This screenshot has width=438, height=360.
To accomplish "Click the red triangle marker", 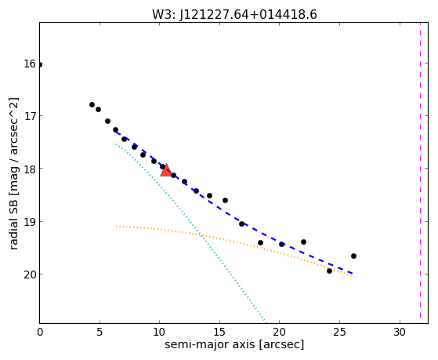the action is (x=166, y=170).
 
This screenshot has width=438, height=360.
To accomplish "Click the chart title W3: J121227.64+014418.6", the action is (x=234, y=14).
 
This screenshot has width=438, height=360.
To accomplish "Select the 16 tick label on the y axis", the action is (x=30, y=64).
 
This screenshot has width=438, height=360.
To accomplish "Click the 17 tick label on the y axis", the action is (x=30, y=116).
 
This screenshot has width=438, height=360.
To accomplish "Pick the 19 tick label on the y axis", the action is (x=30, y=221).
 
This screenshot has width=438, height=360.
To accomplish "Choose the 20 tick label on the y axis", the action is (x=30, y=275).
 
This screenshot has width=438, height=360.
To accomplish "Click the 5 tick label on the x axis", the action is (x=100, y=332).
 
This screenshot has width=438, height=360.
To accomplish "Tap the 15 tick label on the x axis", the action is (x=219, y=332).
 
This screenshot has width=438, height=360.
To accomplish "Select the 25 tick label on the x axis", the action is (x=339, y=332).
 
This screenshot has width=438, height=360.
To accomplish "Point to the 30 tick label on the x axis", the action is (x=400, y=332).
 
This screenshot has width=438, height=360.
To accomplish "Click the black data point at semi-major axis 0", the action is (x=40, y=64).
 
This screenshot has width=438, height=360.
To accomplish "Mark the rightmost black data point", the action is (x=353, y=256).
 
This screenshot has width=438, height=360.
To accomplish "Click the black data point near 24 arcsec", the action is (x=329, y=271).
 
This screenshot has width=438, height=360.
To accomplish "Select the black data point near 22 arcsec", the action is (x=304, y=242).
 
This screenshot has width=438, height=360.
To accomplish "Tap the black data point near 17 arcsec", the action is (x=241, y=224).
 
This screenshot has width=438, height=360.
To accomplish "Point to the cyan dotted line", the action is (x=190, y=231).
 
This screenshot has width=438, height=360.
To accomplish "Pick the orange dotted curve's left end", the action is (x=116, y=226).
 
